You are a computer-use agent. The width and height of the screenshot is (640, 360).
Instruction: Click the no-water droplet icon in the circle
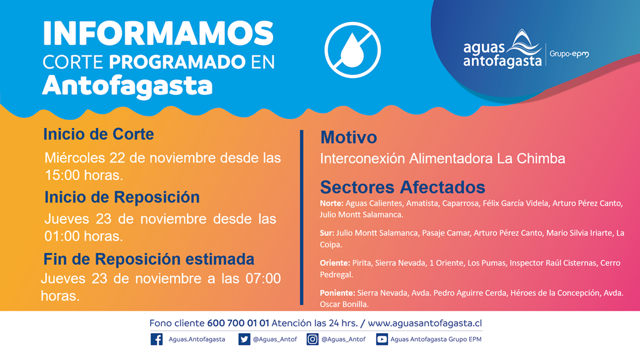352,50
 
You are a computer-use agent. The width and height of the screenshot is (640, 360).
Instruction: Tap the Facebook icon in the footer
156,339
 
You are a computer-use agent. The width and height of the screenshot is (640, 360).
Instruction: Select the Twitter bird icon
244,339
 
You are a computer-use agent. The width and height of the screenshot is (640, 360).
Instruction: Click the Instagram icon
312,339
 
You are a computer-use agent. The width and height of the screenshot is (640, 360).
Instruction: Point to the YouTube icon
382,339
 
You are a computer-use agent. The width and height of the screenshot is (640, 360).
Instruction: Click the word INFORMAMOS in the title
158,34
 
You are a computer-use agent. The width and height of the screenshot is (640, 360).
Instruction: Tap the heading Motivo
349,137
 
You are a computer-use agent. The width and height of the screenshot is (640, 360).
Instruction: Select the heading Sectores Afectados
402,187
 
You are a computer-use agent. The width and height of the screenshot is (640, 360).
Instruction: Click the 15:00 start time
62,175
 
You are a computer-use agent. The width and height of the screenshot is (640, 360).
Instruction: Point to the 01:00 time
62,236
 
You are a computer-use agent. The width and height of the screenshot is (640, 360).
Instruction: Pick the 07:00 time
263,278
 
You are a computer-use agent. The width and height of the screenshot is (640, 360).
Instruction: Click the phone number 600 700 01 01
238,323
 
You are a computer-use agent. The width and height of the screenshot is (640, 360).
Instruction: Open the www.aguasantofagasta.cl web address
425,323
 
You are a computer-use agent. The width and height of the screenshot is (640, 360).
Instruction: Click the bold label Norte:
331,203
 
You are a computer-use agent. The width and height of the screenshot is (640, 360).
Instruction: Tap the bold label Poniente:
337,292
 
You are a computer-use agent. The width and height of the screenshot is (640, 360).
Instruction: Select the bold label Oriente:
335,263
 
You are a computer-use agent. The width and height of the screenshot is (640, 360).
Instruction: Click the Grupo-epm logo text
569,54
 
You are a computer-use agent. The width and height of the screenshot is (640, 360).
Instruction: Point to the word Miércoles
75,157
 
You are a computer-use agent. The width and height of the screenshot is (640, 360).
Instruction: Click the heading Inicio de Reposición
122,197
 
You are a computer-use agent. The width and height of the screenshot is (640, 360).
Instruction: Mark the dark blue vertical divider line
302,217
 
